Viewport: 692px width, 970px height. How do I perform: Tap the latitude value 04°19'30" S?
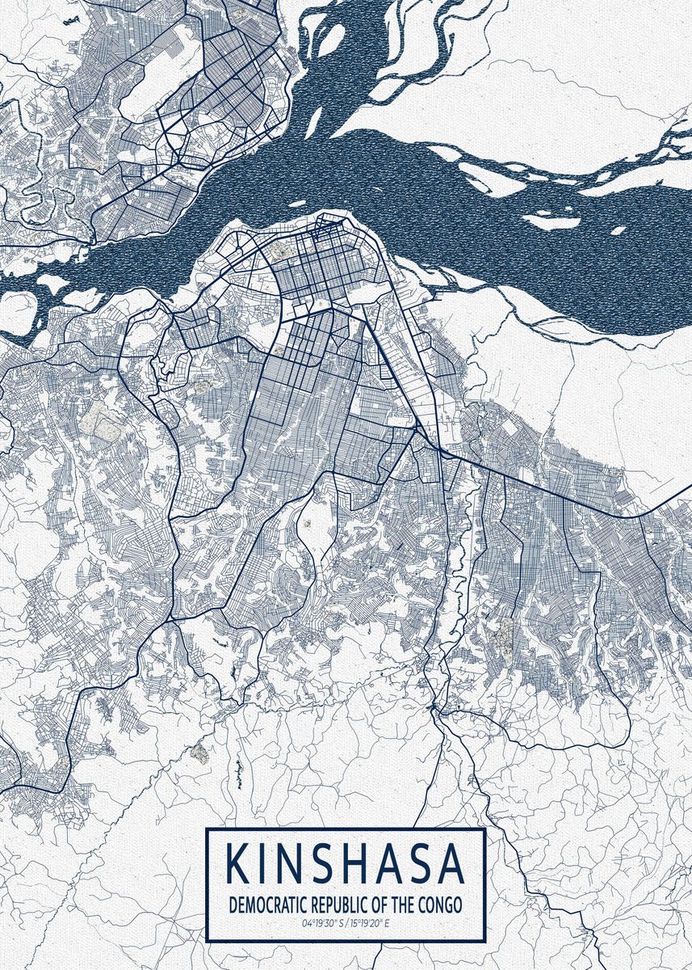pyautogui.click(x=321, y=922)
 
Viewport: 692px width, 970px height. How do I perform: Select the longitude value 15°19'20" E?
pyautogui.click(x=369, y=922)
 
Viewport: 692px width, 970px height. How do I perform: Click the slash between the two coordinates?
pyautogui.click(x=344, y=922)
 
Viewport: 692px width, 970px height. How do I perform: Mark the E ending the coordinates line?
pyautogui.click(x=387, y=922)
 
